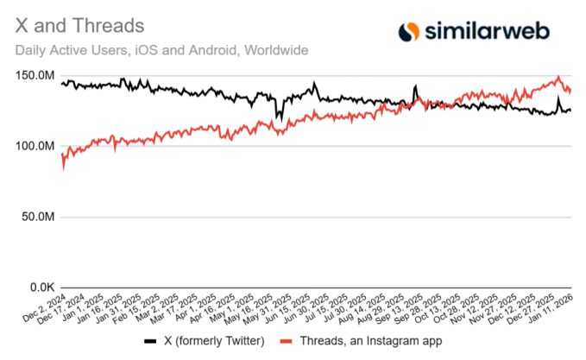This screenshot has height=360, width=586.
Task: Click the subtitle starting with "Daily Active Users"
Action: pos(161,50)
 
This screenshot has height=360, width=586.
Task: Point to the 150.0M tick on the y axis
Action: pos(34,76)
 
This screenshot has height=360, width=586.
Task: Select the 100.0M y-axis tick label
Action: pos(34,147)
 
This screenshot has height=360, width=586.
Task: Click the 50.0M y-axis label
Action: pos(36,217)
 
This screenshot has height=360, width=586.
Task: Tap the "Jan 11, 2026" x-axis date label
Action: pos(552,307)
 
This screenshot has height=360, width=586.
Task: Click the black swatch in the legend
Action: pos(150,341)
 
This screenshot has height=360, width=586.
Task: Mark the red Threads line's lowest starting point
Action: pos(63,169)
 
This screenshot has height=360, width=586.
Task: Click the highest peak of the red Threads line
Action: pos(558,77)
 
